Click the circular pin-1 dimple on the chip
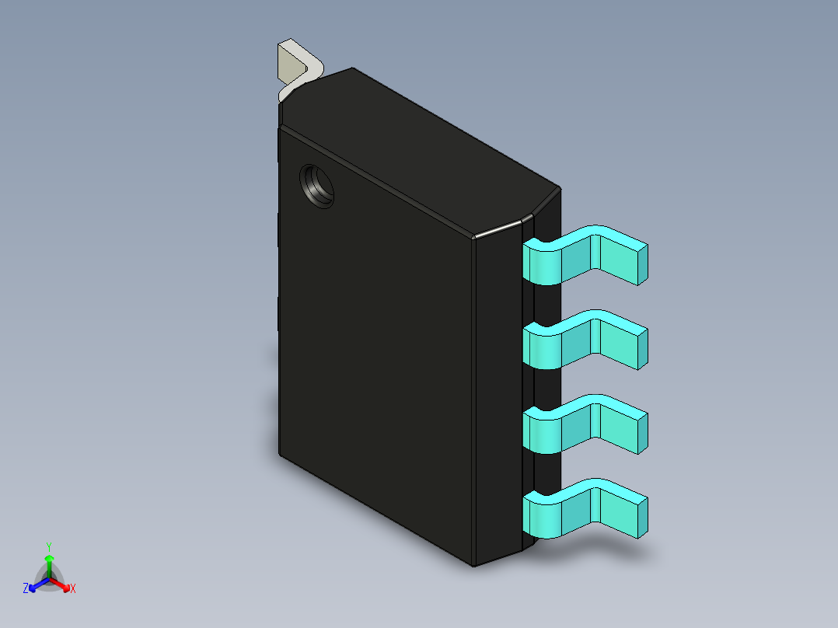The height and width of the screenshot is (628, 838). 317,187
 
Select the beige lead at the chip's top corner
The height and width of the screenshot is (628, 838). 294,68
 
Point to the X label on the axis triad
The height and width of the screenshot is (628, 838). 73,589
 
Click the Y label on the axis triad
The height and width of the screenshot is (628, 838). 49,546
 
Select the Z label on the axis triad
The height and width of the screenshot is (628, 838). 26,589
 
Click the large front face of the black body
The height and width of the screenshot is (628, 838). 373,350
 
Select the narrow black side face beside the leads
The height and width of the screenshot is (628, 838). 498,389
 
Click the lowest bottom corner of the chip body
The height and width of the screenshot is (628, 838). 474,565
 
